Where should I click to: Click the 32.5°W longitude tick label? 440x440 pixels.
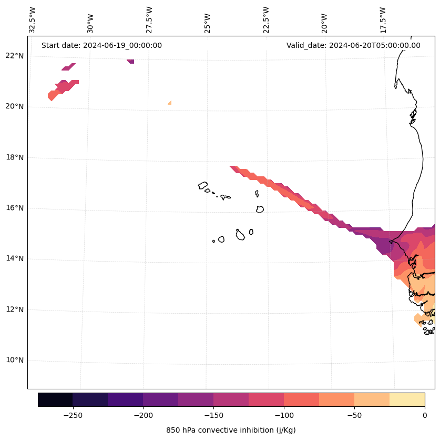point(33,20)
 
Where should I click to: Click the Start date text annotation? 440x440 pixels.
point(101,45)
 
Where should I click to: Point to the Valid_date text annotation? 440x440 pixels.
point(353,45)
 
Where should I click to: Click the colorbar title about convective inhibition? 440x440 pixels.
point(231,430)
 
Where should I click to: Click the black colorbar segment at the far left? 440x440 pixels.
point(55,399)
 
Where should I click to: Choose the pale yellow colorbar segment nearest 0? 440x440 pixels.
point(407,399)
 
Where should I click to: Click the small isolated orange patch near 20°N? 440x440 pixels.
point(170,103)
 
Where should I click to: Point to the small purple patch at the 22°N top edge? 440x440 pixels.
point(131,61)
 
